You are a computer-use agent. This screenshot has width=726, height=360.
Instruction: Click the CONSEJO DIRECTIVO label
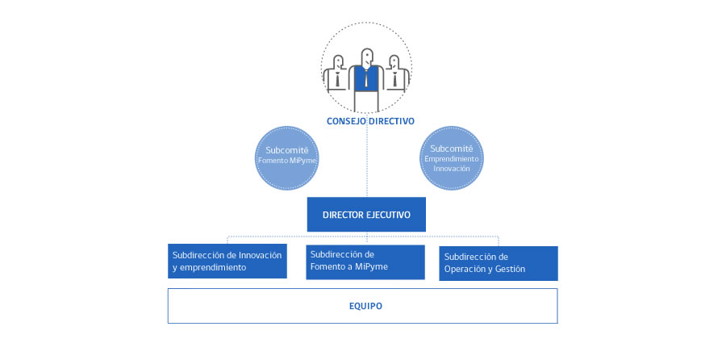click(370, 121)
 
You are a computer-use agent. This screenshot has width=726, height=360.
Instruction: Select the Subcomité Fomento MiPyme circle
click(287, 156)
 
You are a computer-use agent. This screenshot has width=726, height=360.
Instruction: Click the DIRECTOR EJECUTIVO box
click(366, 216)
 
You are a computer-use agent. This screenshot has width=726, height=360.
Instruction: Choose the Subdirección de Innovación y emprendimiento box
click(227, 261)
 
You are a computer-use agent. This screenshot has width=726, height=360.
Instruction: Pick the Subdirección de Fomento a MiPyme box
click(366, 262)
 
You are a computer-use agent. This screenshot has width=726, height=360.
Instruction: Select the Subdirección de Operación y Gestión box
click(499, 263)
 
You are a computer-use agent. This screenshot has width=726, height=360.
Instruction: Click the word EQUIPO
click(366, 307)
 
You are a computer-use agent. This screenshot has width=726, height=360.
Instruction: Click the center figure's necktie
click(367, 79)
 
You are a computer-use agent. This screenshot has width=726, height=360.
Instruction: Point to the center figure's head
click(367, 57)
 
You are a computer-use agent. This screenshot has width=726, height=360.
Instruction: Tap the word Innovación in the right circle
click(452, 168)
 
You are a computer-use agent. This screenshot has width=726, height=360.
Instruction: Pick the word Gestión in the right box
click(509, 270)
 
